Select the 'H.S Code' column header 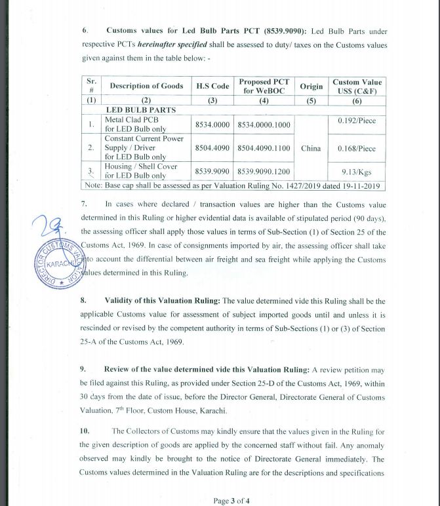tap(212, 86)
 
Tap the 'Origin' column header tap(311, 86)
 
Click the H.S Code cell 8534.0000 tap(212, 125)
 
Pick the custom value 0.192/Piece tap(356, 121)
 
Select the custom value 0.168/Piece tap(356, 148)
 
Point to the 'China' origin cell tap(311, 148)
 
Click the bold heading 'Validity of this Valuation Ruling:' tap(162, 301)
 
